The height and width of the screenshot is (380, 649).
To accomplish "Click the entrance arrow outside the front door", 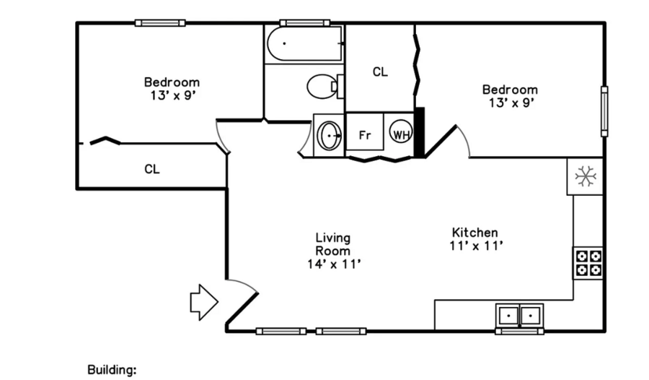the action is click(203, 302).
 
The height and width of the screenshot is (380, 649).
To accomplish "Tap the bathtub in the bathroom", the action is click(304, 43).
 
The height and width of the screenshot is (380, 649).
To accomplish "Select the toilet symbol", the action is click(325, 86).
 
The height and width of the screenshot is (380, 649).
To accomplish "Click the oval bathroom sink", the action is click(329, 136).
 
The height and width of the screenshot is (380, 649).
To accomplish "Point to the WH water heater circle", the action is click(401, 131).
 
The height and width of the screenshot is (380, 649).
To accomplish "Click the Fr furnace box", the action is click(365, 131).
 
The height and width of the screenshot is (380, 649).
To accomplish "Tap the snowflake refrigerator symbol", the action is click(586, 176).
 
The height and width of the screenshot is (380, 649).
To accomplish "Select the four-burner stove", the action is click(588, 263).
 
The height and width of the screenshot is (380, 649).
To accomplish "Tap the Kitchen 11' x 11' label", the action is click(476, 239).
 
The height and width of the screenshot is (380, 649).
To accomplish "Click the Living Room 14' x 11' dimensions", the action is click(334, 264).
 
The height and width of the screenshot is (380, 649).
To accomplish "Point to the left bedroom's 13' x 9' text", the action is click(172, 96).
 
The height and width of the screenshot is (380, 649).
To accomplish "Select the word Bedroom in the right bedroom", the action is click(510, 90).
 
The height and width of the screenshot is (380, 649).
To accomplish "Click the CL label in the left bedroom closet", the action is click(152, 169).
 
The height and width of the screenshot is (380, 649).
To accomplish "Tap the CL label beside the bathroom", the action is click(380, 72).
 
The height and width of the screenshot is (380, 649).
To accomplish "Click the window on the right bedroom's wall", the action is click(604, 111).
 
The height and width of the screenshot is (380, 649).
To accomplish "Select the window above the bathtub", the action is click(304, 23).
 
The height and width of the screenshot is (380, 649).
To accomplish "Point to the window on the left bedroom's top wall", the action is click(160, 23).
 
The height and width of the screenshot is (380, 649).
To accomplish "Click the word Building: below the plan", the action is click(112, 370).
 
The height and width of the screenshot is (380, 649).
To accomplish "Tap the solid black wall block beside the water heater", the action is click(420, 132).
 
